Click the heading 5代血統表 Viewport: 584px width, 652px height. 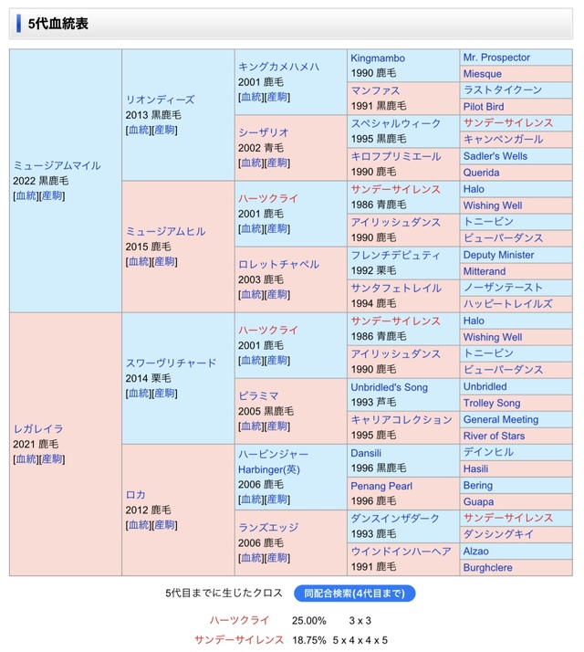(57, 24)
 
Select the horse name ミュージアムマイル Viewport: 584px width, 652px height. (57, 165)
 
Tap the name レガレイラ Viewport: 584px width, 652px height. (38, 428)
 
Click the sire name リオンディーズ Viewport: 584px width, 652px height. (160, 100)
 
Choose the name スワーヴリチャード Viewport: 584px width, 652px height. (171, 363)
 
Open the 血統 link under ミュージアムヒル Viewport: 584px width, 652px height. (139, 261)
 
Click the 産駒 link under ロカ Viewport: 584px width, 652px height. (164, 525)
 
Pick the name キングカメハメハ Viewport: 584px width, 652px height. (278, 67)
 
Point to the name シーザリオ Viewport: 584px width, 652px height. (264, 132)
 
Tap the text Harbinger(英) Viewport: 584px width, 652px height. (269, 469)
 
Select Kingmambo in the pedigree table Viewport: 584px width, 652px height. (378, 58)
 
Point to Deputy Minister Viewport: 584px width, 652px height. (499, 255)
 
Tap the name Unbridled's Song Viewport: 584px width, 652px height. (389, 387)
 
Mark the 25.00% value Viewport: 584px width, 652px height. (308, 621)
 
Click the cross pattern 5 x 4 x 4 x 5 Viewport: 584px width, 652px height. (360, 640)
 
